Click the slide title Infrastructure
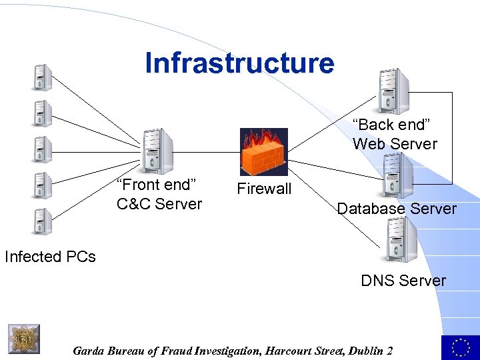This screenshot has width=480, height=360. point(239,63)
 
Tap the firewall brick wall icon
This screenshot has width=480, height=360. point(263,152)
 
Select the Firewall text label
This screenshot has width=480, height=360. point(264,189)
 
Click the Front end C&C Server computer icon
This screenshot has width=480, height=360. point(157,151)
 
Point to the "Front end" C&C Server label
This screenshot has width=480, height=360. point(159,195)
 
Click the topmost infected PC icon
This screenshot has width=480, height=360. point(43,77)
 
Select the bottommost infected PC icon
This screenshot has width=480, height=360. point(43,221)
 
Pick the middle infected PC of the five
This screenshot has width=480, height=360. point(43,149)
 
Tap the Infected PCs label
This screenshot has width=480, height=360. point(50,257)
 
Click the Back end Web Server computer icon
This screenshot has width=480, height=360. point(392,91)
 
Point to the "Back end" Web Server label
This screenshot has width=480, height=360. point(395,135)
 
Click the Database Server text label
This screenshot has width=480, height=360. point(397,209)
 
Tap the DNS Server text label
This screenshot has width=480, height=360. point(403,281)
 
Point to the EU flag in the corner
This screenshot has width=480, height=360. point(460,347)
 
